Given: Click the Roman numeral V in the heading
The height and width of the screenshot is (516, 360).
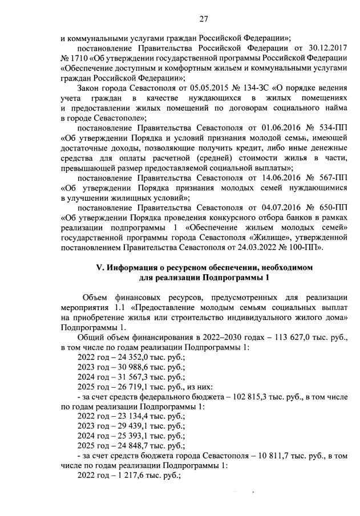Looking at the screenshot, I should pyautogui.click(x=98, y=267).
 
